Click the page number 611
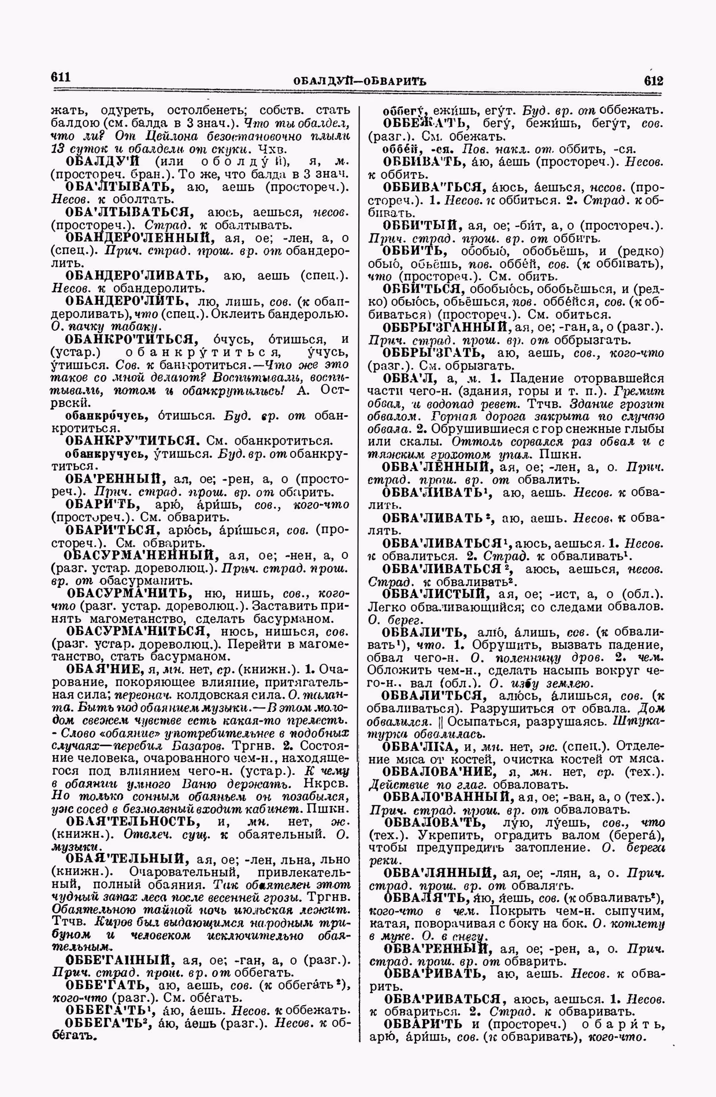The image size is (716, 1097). coord(61,76)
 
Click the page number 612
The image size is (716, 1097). coord(653,79)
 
